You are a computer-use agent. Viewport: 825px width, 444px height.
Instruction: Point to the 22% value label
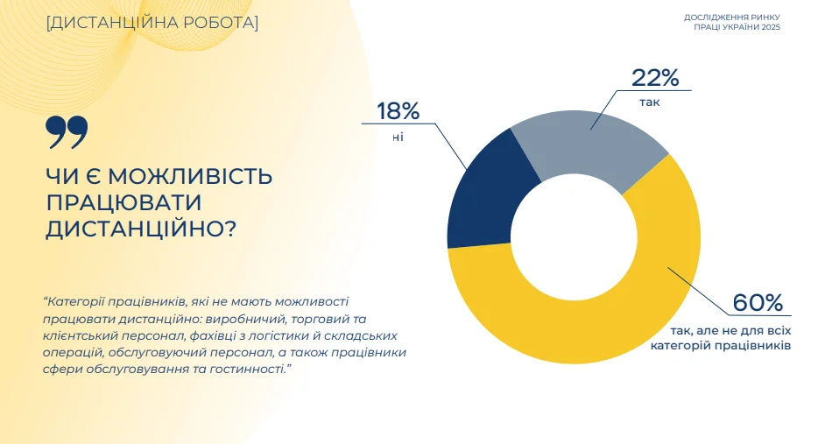point(655,78)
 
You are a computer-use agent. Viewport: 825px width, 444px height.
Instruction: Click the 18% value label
point(398,111)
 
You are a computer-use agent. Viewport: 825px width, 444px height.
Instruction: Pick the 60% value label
point(758,303)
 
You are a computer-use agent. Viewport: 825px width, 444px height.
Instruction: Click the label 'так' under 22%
point(649,102)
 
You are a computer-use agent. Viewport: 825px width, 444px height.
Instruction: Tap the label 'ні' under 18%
point(398,137)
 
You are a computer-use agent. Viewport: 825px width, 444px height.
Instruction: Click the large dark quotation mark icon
point(67,132)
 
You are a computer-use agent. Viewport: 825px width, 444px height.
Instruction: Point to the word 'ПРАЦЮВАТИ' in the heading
point(124,202)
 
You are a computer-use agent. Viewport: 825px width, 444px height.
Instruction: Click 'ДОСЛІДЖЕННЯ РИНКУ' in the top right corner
point(731,18)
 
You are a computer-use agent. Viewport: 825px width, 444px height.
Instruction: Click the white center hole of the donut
point(573,237)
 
